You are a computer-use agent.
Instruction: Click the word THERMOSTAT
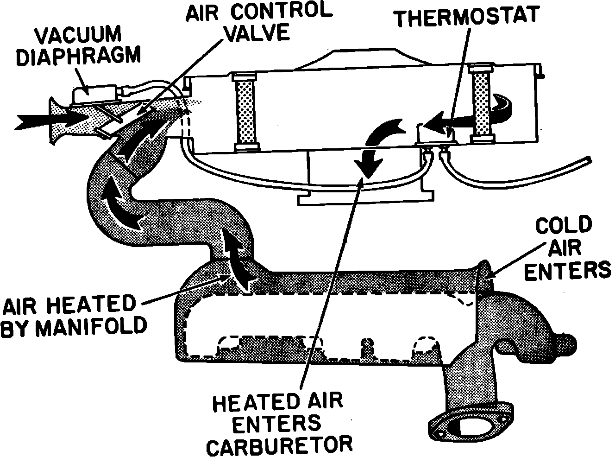pyautogui.click(x=466, y=16)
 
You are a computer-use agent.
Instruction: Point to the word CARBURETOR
pyautogui.click(x=280, y=445)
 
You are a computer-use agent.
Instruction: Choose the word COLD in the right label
pyautogui.click(x=563, y=226)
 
